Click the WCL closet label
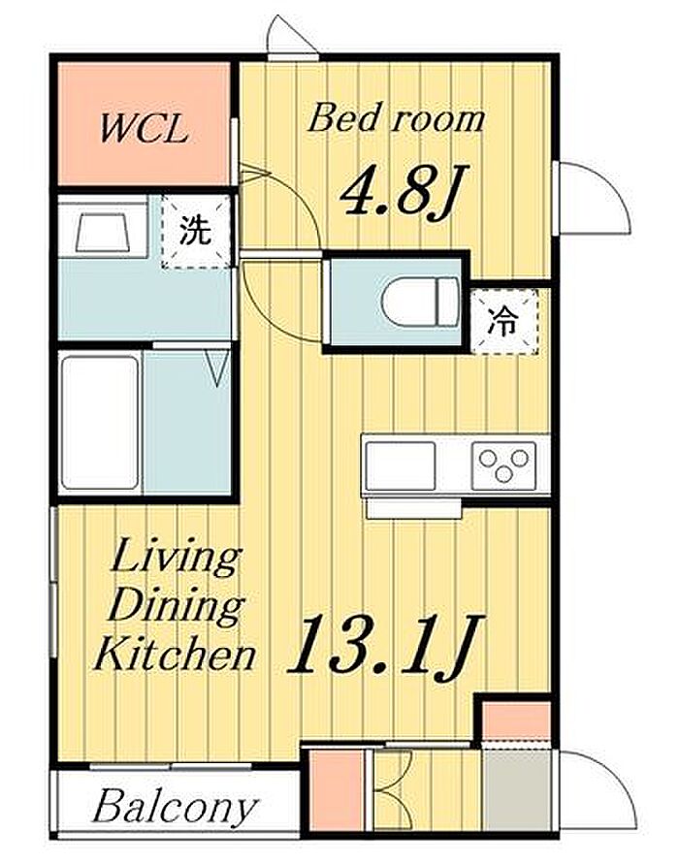pos(144,130)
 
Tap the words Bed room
pos(397,118)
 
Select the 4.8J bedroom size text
pos(404,190)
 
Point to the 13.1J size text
pos(385,643)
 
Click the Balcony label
pos(175,809)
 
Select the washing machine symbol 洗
pos(196,231)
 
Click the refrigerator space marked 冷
pos(503,321)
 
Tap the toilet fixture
pos(421,301)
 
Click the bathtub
pos(100,423)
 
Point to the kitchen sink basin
pos(401,465)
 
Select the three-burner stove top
pos(503,465)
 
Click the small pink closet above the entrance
pos(516,721)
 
